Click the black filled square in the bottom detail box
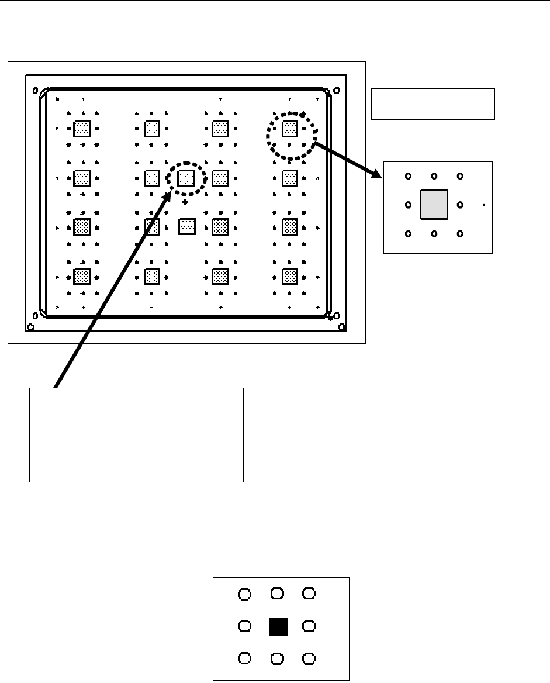point(278,626)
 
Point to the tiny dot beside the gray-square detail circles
point(485,205)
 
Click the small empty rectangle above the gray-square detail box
point(433,104)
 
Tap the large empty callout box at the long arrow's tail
point(136,434)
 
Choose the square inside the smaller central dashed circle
point(186,177)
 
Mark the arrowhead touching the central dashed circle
point(168,195)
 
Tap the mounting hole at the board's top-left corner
point(35,91)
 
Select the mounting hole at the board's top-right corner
point(336,90)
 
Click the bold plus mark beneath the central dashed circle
point(185,202)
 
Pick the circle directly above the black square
point(278,593)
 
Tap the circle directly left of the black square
point(245,626)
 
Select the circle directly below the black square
point(278,659)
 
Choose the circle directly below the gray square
point(434,234)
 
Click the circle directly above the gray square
point(434,175)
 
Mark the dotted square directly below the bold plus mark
point(186,226)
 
